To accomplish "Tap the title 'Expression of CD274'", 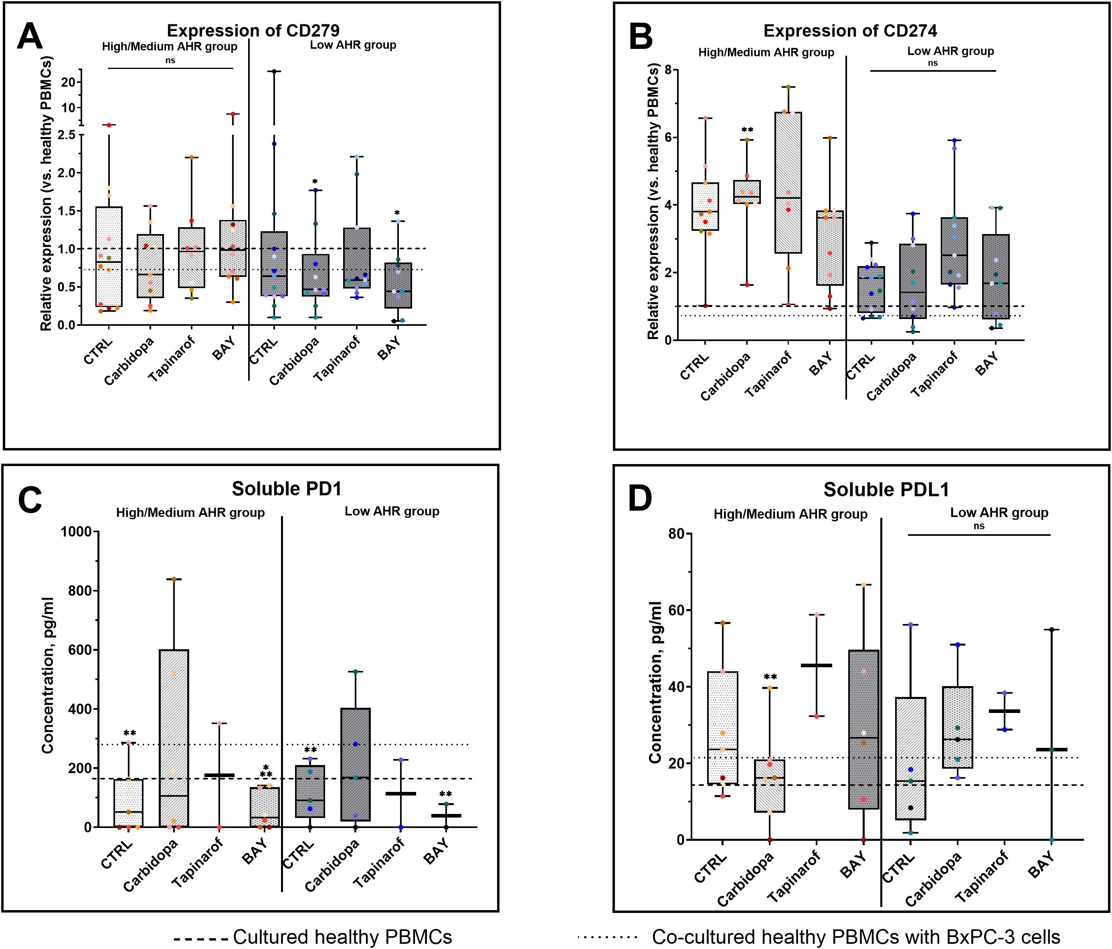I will [850, 31].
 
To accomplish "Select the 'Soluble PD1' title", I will [287, 489].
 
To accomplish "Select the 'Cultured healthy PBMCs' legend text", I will [342, 937].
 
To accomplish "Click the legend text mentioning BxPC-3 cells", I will [856, 937].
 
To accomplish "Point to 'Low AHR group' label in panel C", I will [392, 511].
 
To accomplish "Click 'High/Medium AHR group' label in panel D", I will [790, 515].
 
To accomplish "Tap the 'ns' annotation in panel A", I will [170, 61].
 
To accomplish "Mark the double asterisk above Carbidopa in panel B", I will [747, 130].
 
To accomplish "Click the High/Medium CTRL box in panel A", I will [109, 256].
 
